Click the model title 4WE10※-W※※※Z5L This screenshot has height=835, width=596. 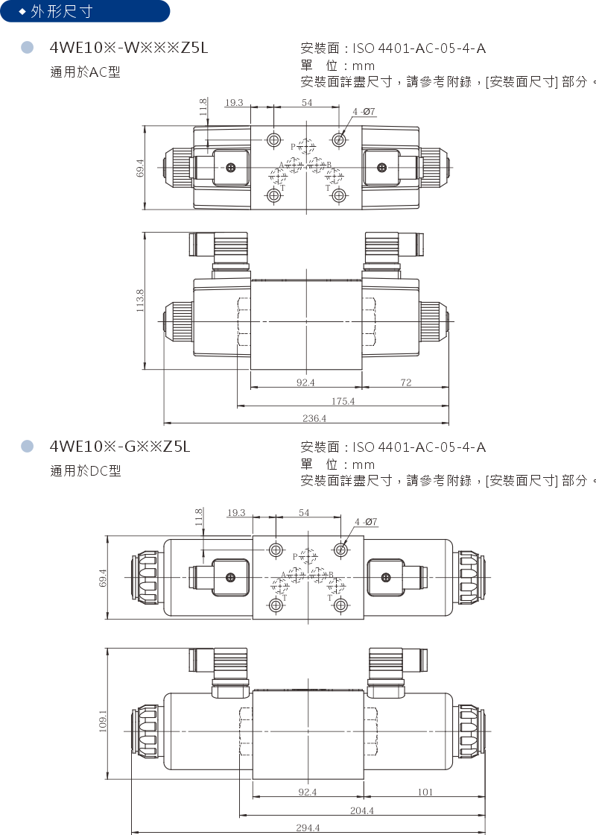tap(128, 48)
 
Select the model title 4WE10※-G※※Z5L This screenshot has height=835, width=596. tap(120, 447)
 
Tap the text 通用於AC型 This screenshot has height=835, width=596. tap(85, 72)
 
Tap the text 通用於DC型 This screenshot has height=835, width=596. tap(85, 470)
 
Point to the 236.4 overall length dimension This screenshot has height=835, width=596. tap(314, 419)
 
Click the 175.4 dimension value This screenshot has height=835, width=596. tap(343, 401)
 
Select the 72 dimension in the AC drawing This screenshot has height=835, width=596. tap(405, 382)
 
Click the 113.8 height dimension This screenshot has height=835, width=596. tap(140, 301)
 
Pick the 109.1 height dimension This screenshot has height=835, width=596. tap(103, 721)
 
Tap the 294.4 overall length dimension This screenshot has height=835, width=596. tap(307, 828)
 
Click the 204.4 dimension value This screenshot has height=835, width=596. tap(361, 810)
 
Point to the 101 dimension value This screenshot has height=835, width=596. tap(425, 792)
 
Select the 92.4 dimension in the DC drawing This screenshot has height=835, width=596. tap(308, 792)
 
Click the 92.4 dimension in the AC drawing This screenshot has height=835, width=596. tap(305, 382)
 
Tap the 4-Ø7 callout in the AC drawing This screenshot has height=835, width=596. tap(364, 112)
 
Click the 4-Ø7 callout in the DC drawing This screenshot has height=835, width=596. tap(366, 522)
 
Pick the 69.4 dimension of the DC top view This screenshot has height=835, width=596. tap(103, 578)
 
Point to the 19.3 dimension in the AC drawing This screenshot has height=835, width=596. tap(234, 102)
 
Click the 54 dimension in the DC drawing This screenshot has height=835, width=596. tap(304, 513)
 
